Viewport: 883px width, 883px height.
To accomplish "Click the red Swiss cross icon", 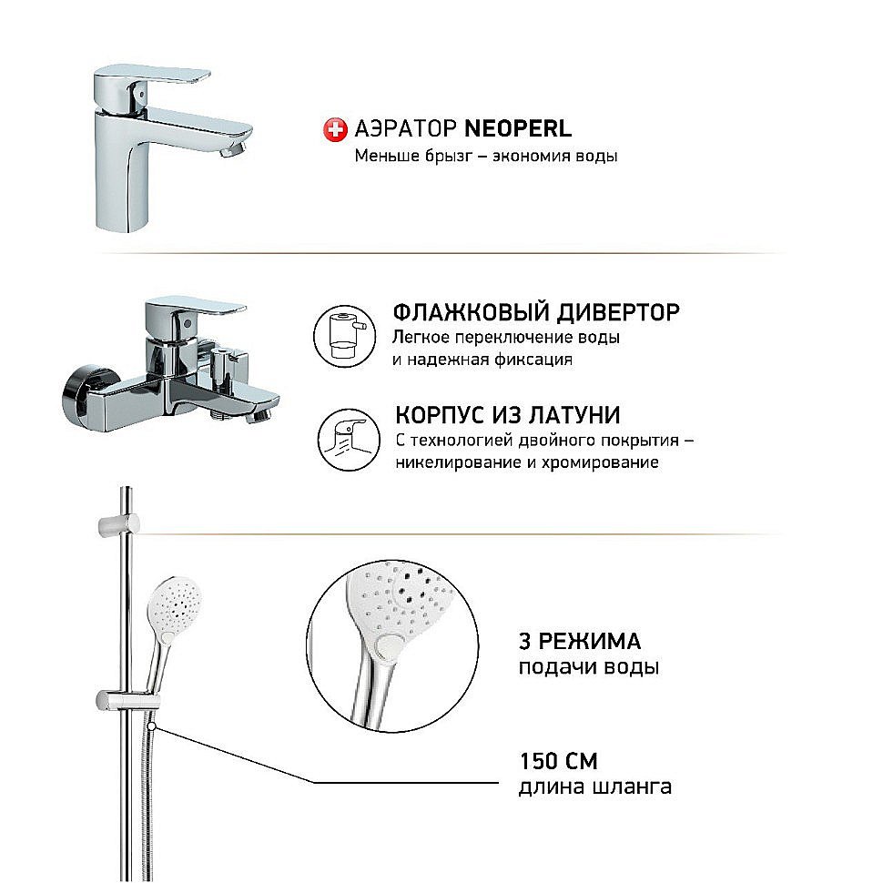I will pos(334,129).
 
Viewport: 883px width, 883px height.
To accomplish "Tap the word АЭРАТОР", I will pos(397,129).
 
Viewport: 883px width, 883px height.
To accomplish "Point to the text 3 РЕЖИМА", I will pos(579,639).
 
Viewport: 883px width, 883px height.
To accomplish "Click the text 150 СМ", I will pos(558,761).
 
